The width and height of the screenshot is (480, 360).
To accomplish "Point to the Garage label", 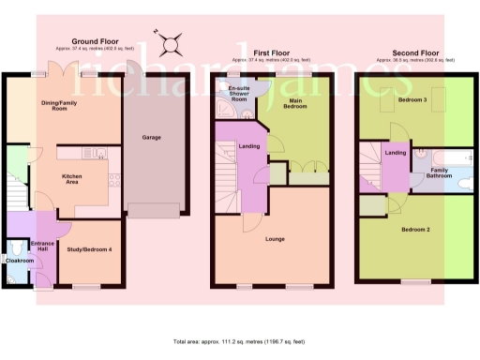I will click(x=151, y=138).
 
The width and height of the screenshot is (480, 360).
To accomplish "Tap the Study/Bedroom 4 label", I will click(x=90, y=248).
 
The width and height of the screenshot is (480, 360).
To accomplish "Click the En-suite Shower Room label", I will click(x=239, y=94).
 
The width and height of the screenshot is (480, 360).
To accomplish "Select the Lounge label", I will click(x=275, y=240).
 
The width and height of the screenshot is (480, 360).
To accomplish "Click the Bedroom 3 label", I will click(x=411, y=98).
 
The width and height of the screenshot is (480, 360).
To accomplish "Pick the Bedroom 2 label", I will click(x=415, y=229).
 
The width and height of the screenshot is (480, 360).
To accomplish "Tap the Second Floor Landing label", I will click(x=396, y=153).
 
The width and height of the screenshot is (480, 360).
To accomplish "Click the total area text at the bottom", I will click(x=240, y=341).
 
